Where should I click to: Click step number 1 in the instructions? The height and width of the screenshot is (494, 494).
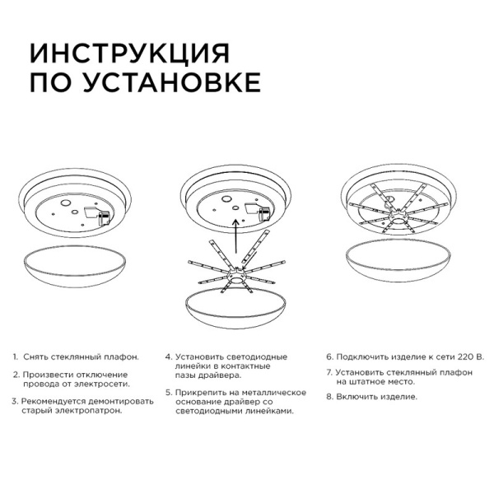pos(15,357)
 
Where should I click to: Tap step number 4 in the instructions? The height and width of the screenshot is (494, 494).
pos(168,357)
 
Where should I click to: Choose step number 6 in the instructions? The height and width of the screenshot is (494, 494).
pos(329,357)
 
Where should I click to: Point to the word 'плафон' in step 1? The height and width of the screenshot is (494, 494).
pos(121,357)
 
